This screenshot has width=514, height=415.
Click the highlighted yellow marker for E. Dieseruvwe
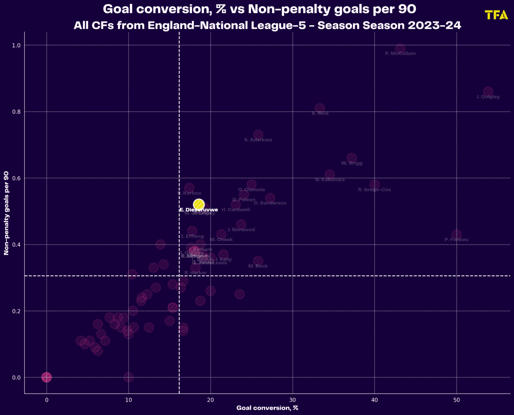(199, 205)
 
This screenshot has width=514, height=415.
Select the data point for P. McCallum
(400, 49)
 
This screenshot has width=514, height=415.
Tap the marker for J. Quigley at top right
(488, 92)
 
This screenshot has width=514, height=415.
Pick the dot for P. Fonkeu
(456, 234)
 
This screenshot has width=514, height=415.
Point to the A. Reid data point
(320, 108)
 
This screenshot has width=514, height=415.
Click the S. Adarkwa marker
(258, 135)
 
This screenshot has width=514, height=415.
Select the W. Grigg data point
(351, 158)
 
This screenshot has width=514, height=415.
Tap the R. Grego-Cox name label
(374, 190)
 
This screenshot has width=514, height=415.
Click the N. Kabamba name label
(330, 180)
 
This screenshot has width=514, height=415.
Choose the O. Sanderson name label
(270, 203)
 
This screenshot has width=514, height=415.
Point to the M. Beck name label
(258, 266)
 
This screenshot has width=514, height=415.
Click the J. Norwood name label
(241, 230)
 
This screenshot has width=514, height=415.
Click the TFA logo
(496, 15)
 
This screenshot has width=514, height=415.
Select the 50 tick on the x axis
(456, 400)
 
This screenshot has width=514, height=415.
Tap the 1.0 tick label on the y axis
(17, 45)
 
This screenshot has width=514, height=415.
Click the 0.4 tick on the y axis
(17, 245)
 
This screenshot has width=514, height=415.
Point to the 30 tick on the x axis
(293, 400)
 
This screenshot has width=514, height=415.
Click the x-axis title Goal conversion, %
(267, 408)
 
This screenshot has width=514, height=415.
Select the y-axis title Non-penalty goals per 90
(6, 213)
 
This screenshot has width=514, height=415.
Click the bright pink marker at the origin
(46, 377)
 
